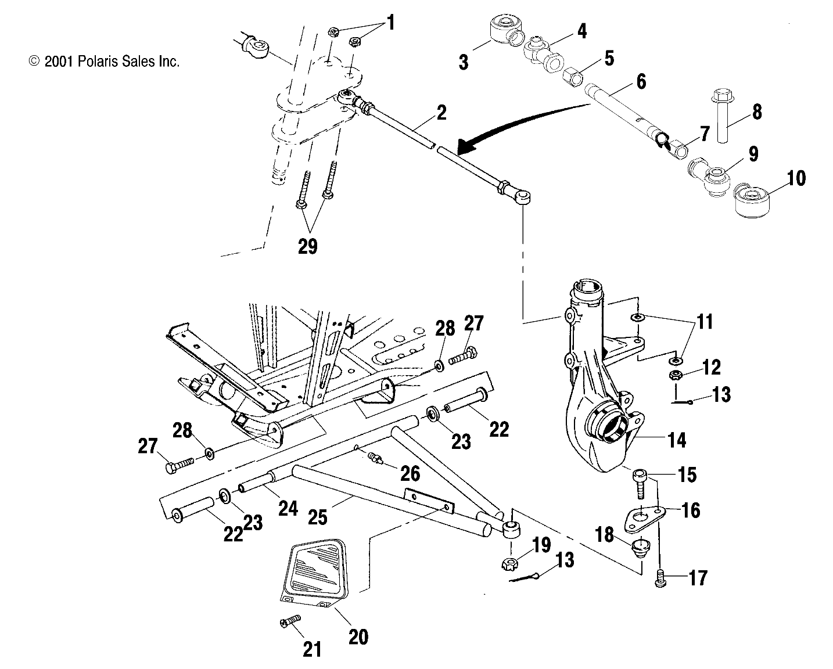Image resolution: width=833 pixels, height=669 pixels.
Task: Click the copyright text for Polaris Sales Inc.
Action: pyautogui.click(x=104, y=62)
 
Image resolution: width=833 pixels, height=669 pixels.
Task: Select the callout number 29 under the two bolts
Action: pyautogui.click(x=308, y=246)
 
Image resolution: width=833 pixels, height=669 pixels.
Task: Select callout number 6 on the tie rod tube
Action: pyautogui.click(x=640, y=81)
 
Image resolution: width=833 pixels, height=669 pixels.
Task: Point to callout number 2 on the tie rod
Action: pyautogui.click(x=441, y=112)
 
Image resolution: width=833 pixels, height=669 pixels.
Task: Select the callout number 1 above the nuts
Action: pyautogui.click(x=390, y=23)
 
